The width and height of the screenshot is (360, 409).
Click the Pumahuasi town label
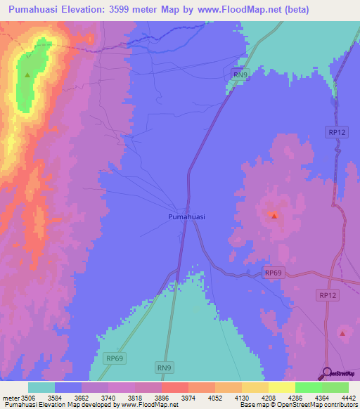(x=187, y=217)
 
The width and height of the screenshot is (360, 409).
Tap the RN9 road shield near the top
(x=241, y=74)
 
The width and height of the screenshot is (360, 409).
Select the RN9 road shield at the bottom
(x=164, y=366)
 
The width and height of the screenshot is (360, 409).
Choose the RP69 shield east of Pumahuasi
(x=274, y=272)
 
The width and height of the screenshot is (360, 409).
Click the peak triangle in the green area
(x=27, y=74)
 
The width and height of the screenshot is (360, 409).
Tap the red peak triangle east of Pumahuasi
(x=274, y=215)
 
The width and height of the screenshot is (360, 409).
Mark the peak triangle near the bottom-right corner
(x=342, y=333)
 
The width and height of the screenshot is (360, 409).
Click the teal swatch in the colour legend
(x=41, y=387)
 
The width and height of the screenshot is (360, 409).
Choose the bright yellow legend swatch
(x=282, y=387)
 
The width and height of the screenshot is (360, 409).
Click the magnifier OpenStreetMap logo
(x=326, y=373)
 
